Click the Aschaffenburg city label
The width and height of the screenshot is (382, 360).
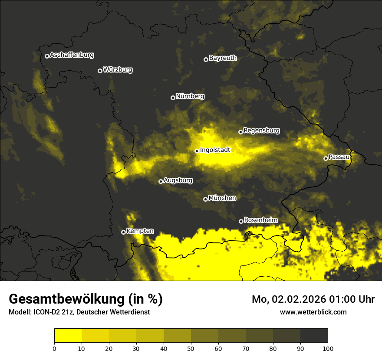(72, 55)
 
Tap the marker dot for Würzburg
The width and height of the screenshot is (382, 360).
(100, 71)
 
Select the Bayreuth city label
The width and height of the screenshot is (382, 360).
(223, 58)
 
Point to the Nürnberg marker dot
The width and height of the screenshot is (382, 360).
(173, 98)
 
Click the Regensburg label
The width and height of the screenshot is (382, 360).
(261, 130)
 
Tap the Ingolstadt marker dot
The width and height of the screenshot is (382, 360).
(197, 151)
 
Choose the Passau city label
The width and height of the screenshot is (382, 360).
(339, 157)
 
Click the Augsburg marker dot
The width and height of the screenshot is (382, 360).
(161, 181)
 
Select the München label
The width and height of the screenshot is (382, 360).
(222, 198)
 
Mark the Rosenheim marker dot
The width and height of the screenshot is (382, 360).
(241, 221)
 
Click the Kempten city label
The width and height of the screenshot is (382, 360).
(140, 231)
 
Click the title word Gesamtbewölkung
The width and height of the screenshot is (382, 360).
(67, 299)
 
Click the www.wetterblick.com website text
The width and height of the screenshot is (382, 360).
(313, 312)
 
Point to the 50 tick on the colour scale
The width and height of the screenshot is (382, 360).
(191, 348)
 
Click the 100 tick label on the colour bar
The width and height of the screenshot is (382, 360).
(328, 348)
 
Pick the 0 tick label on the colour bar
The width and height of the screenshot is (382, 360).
(54, 348)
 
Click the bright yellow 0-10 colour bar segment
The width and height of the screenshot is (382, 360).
(68, 336)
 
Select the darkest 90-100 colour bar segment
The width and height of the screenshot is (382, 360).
(314, 336)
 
